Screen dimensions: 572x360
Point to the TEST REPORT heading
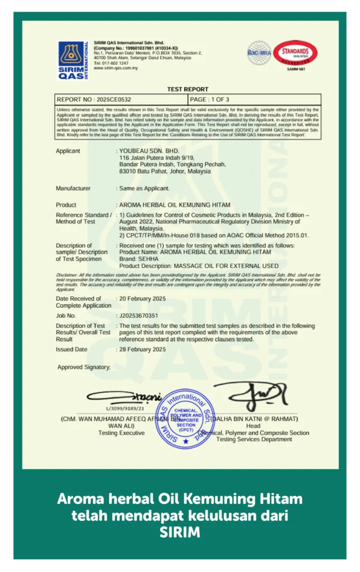[188, 89]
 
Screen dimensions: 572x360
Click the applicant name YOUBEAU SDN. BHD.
[149, 151]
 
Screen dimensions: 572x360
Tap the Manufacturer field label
[73, 188]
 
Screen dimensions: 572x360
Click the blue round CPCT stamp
[185, 418]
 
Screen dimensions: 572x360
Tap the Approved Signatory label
[84, 367]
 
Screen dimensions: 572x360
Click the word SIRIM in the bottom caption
[180, 532]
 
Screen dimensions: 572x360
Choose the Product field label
[66, 205]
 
